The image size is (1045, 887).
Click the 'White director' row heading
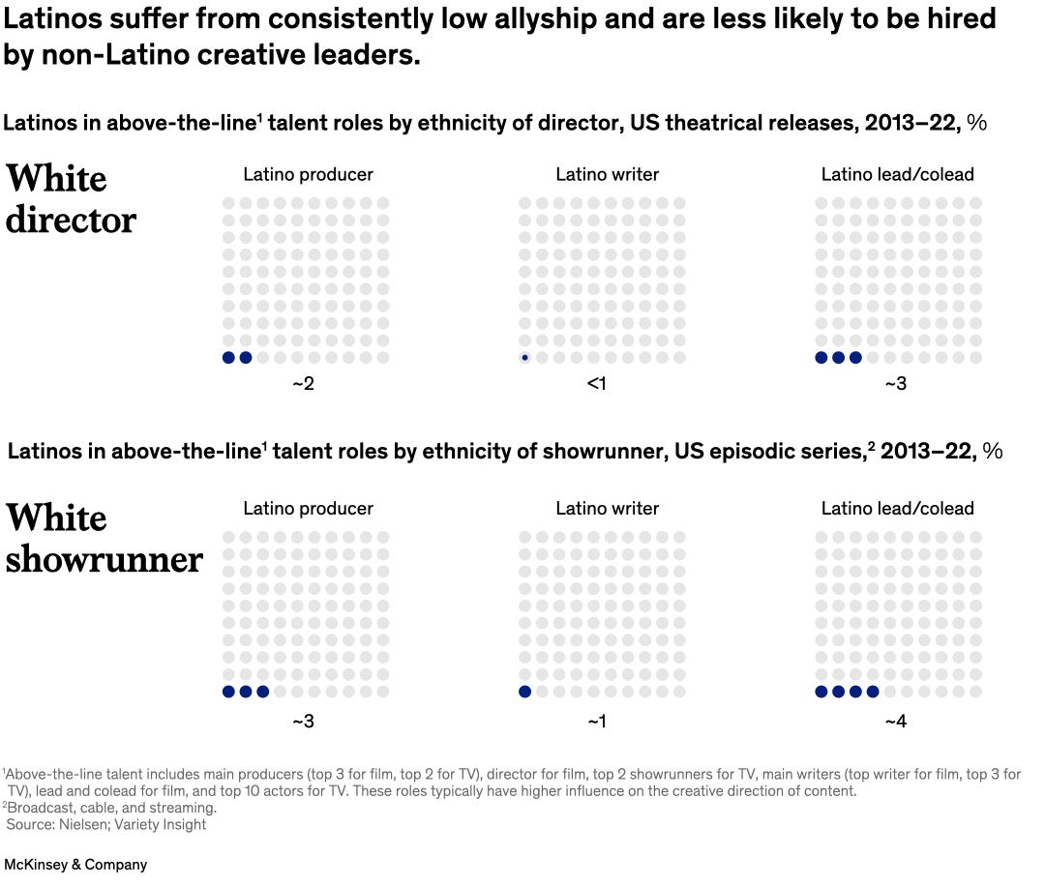coord(71,199)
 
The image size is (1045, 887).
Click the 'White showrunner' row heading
coord(104,539)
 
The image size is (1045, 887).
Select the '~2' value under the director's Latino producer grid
coord(303,383)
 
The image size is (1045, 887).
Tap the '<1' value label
coord(597,383)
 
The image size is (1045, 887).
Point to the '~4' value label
coord(895,722)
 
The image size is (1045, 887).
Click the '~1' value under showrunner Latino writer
coord(597,722)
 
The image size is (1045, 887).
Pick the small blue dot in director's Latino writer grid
coord(524,358)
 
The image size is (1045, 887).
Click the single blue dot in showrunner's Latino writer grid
coord(524,692)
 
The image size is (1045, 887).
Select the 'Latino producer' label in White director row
coord(308,174)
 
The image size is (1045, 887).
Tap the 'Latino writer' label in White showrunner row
coord(607,508)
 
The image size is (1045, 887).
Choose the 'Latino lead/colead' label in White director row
coord(897,174)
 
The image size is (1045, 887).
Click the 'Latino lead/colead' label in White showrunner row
coord(897,508)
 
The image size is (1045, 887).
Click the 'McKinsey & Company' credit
coord(75,865)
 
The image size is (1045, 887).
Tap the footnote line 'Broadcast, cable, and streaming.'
coord(110,808)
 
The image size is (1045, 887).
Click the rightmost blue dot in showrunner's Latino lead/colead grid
coord(873,692)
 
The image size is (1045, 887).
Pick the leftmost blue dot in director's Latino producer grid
coord(228,358)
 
